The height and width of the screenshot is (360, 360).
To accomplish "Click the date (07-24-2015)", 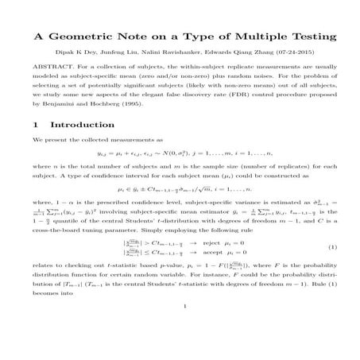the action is click(x=298, y=59).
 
